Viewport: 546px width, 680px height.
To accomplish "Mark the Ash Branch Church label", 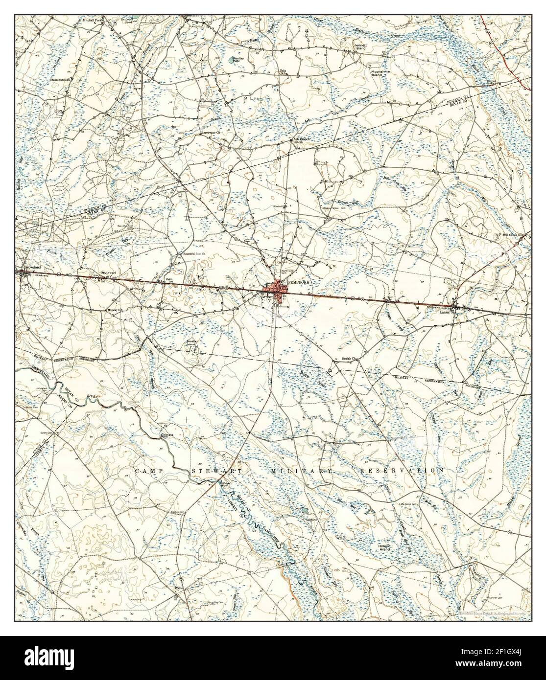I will pyautogui.click(x=302, y=139).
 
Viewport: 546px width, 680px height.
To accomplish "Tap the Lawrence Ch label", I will pyautogui.click(x=210, y=132).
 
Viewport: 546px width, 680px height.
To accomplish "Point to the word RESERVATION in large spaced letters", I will pyautogui.click(x=402, y=470).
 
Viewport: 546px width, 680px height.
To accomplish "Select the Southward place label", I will pyautogui.click(x=108, y=272).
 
